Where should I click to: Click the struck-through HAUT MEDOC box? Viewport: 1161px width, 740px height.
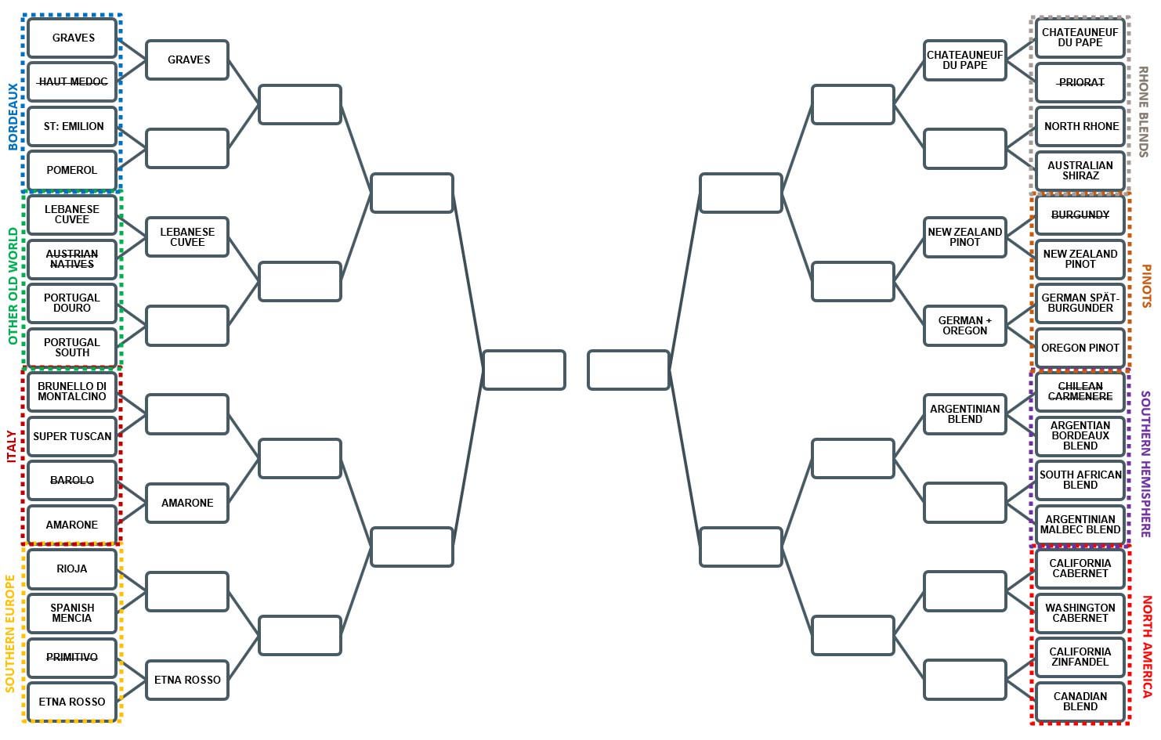pos(72,82)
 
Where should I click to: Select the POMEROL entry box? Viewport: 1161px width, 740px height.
pos(72,171)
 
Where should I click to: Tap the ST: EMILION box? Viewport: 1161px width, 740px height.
pos(72,126)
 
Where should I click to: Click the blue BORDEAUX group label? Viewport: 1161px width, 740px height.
pos(13,117)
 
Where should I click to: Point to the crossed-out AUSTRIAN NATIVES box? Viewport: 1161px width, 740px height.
pos(72,259)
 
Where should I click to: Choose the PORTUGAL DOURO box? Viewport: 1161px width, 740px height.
pos(72,303)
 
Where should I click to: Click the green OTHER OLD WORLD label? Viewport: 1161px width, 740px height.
pos(13,286)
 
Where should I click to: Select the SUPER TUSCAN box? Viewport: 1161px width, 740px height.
pos(72,436)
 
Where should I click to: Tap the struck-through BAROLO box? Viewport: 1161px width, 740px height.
pos(72,480)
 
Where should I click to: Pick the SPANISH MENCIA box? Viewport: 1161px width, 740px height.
pos(72,613)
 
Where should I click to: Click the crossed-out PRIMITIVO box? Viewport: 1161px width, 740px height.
pos(72,658)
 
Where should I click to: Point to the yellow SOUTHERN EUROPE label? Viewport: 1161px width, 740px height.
pos(10,634)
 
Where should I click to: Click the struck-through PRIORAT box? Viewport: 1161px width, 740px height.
pos(1080,83)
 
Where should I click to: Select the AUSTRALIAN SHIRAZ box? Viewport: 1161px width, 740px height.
pos(1080,171)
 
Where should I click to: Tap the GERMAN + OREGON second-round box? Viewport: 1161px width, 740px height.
pos(965,326)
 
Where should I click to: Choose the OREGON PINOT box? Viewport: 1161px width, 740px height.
pos(1080,348)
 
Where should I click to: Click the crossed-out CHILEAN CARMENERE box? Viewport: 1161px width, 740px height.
pos(1080,392)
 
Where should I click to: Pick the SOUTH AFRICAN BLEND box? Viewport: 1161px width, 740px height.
pos(1080,480)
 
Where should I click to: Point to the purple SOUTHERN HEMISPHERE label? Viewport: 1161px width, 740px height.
pos(1146,464)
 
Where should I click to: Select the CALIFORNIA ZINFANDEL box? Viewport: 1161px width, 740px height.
pos(1080,658)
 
